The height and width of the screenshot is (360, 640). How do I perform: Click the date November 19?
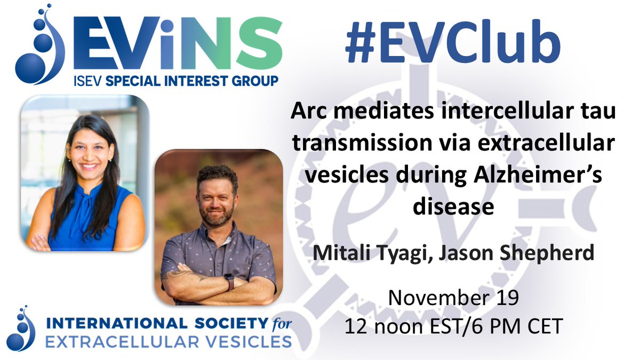coord(453,297)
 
